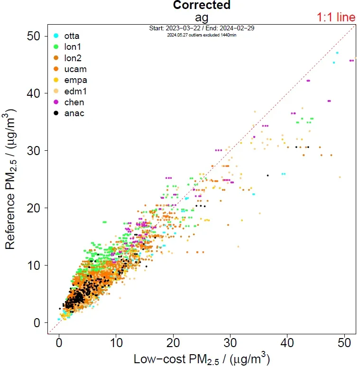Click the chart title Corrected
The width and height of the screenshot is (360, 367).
pyautogui.click(x=202, y=5)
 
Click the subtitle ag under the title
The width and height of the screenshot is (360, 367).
pyautogui.click(x=202, y=17)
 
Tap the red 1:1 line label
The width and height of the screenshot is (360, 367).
pyautogui.click(x=336, y=18)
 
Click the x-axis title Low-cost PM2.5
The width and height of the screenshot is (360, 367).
pyautogui.click(x=202, y=358)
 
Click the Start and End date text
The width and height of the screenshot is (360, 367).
pyautogui.click(x=202, y=28)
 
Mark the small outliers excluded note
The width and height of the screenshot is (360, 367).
pyautogui.click(x=202, y=35)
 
